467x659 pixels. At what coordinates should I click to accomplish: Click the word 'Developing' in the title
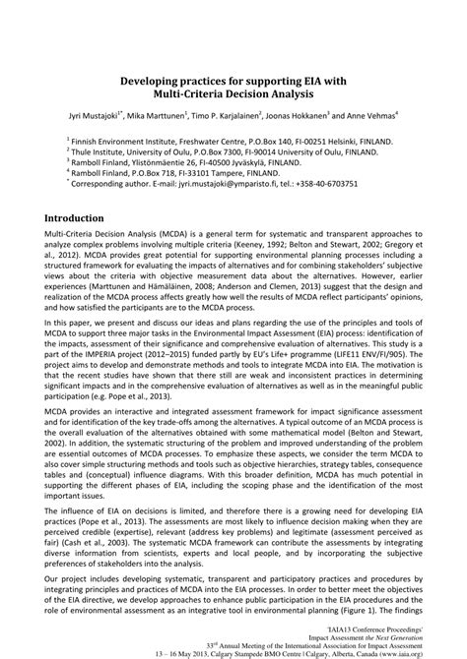pyautogui.click(x=149, y=81)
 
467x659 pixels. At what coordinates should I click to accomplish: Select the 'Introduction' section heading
pyautogui.click(x=98, y=245)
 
